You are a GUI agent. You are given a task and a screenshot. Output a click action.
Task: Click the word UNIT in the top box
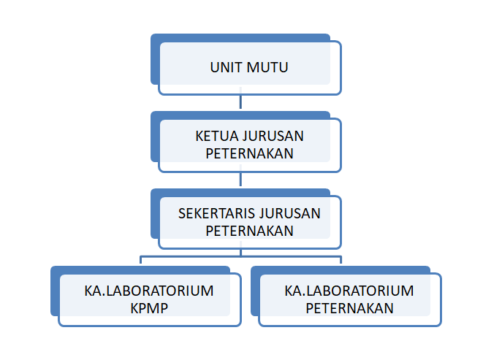point(226,67)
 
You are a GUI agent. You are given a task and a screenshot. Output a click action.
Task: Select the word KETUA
point(216,136)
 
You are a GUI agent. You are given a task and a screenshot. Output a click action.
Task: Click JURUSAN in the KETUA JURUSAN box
point(273,136)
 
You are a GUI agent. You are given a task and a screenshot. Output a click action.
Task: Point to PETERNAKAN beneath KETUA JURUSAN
point(249,153)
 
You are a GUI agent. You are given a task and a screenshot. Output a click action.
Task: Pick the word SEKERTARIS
point(216,213)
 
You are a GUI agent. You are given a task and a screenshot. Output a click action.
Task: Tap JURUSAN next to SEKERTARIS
point(289,213)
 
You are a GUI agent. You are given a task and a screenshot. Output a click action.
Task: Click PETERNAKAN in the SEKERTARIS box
point(249,231)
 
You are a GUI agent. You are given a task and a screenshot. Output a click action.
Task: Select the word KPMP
point(149,308)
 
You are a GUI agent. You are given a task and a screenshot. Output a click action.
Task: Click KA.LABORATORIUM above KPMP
point(149,291)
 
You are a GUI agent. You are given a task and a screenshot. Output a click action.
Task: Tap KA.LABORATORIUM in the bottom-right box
point(349,291)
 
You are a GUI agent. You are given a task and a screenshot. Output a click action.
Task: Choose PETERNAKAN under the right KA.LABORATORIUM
point(349,308)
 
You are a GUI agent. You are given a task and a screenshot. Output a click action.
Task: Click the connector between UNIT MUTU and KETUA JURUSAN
point(240,102)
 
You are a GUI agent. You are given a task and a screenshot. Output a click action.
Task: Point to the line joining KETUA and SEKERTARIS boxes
point(240,179)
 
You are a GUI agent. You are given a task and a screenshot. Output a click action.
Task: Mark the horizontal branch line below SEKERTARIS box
point(240,256)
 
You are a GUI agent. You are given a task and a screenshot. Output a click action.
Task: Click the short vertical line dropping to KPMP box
point(141,260)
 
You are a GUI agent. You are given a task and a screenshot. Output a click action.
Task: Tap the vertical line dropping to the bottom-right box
point(341,260)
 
